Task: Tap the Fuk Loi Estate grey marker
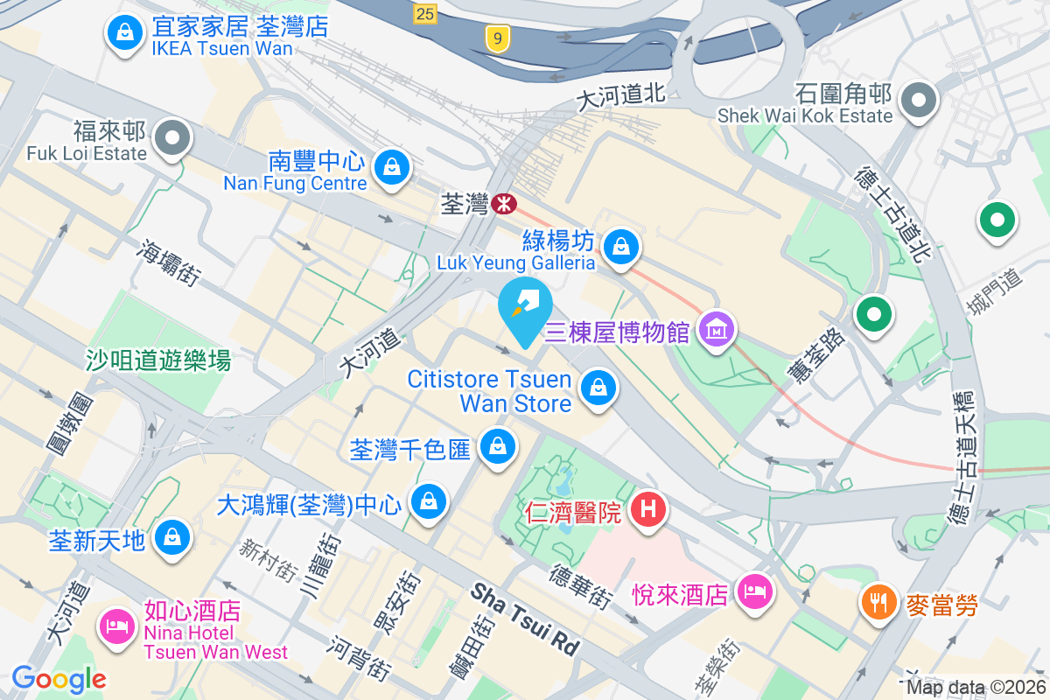(173, 137)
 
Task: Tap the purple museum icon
(717, 330)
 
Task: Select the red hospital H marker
(647, 507)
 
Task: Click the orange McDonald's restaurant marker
(877, 601)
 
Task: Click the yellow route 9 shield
(498, 38)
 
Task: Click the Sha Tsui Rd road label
(526, 619)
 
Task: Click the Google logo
(59, 678)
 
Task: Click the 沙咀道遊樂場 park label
(158, 359)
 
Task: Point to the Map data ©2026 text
(974, 688)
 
